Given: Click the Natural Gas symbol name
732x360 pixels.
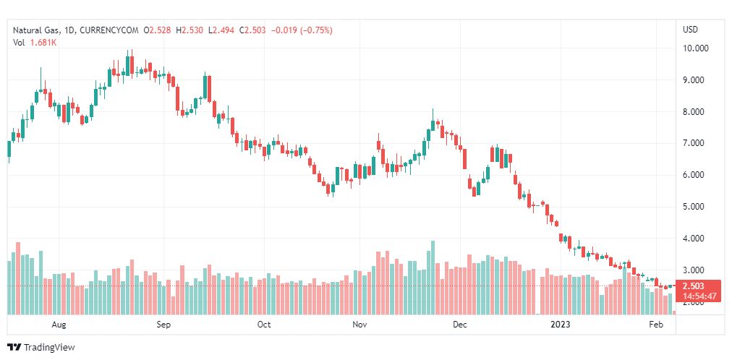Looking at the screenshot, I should (x=35, y=30).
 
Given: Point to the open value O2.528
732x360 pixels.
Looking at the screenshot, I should (x=158, y=30).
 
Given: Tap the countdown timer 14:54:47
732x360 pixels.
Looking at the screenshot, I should (x=699, y=296).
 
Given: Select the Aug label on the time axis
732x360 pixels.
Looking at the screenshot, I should (x=60, y=325).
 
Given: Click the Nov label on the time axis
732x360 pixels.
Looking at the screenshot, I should (x=359, y=325).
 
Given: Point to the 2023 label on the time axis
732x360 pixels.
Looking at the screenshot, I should (x=561, y=325).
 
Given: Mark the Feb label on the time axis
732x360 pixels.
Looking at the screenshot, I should (x=656, y=325).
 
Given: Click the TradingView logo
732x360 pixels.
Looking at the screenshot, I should (x=41, y=348).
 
